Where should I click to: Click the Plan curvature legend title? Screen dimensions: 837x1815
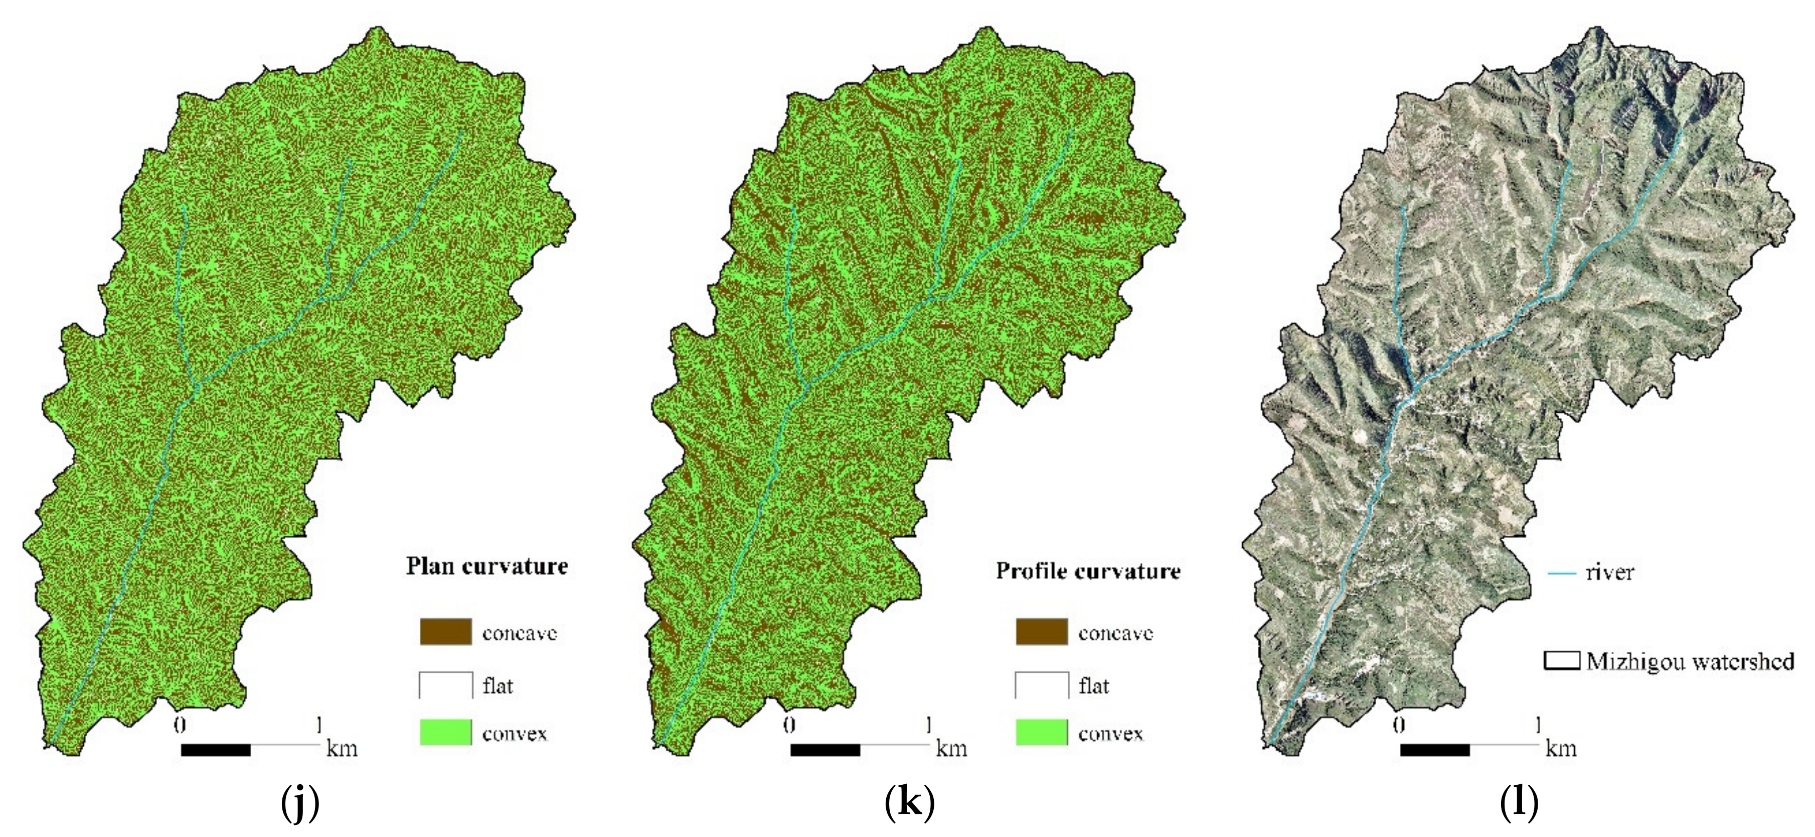[x=487, y=566]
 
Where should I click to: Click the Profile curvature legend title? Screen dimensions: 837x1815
[x=1088, y=570]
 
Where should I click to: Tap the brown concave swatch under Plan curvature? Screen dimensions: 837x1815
[x=445, y=632]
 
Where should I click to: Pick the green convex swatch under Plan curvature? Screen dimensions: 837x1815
[x=445, y=733]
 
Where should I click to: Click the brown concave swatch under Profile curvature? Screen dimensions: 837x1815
[x=1041, y=632]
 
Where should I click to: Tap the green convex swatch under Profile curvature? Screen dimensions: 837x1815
[x=1041, y=733]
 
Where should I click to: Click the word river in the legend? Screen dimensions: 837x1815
[x=1610, y=572]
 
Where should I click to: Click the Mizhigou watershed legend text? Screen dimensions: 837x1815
[x=1690, y=661]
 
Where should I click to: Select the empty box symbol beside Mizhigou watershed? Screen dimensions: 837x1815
[x=1561, y=661]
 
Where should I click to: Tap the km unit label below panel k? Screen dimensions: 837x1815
[x=951, y=748]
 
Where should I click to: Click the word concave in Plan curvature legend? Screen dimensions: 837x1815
[x=519, y=633]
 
